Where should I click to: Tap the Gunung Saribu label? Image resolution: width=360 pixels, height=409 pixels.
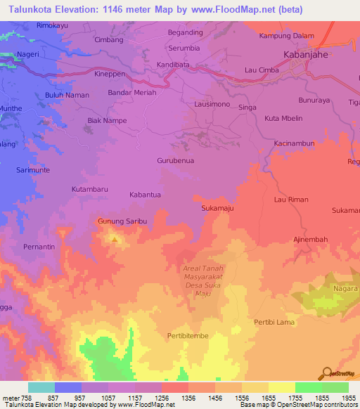tap(122, 221)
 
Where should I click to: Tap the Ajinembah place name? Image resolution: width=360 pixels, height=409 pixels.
tap(310, 240)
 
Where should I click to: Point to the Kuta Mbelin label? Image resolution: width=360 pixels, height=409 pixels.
tap(283, 118)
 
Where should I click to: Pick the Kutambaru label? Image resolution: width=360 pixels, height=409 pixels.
tap(89, 190)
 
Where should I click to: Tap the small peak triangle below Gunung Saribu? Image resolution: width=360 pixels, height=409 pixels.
tap(115, 239)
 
